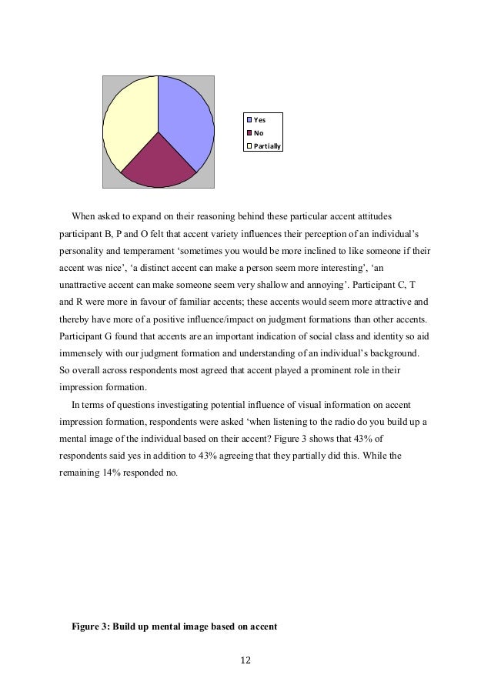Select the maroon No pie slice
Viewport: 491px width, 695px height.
158,165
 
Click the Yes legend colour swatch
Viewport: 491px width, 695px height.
249,120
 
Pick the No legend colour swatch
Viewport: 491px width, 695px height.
249,132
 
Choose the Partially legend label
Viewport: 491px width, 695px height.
267,145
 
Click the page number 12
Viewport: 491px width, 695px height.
245,660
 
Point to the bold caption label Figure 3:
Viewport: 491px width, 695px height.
91,627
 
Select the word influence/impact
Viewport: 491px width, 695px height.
234,318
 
